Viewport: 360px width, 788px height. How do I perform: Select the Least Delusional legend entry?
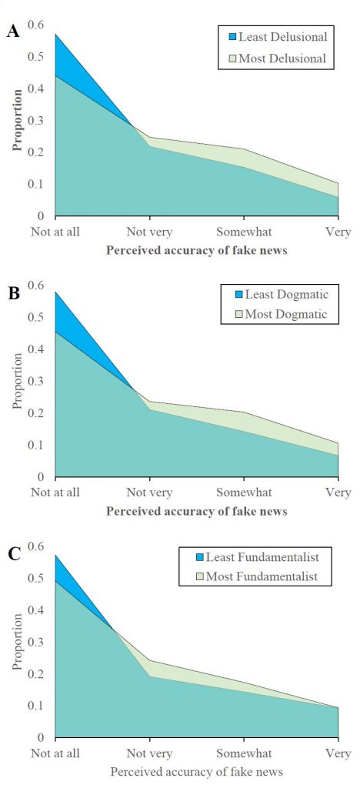[x=278, y=36]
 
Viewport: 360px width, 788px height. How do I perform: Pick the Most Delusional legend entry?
[x=278, y=58]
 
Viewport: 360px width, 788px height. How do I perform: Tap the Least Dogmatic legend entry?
[x=278, y=293]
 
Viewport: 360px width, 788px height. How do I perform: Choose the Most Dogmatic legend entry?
[x=278, y=315]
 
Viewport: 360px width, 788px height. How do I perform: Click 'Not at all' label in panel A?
[x=55, y=232]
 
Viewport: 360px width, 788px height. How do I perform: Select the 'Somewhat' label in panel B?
[x=244, y=492]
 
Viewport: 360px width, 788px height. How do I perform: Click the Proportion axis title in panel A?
[x=17, y=120]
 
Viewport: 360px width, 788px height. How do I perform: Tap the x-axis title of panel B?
[x=197, y=512]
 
